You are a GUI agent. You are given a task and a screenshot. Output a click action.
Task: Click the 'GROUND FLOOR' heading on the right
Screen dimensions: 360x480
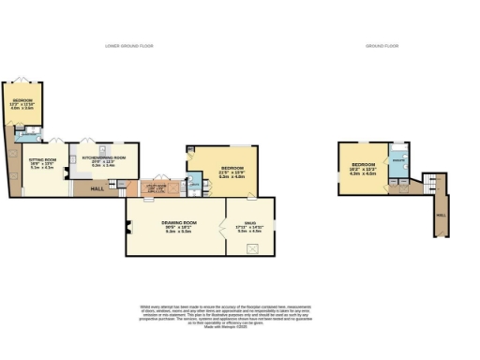tap(382, 45)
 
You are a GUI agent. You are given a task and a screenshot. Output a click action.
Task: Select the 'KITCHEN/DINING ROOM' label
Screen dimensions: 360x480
tap(110, 159)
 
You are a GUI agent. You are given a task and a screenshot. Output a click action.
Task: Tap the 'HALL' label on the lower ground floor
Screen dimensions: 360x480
tap(97, 189)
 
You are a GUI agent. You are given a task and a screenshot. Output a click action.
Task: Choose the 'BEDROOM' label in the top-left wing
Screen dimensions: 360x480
tap(22, 101)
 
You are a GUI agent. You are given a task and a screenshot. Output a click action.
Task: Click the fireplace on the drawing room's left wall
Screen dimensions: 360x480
tap(128, 227)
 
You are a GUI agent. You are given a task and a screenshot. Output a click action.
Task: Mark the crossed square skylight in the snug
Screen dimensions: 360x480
tap(252, 247)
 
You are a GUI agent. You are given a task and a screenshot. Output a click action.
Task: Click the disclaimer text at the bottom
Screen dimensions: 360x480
tap(239, 313)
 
